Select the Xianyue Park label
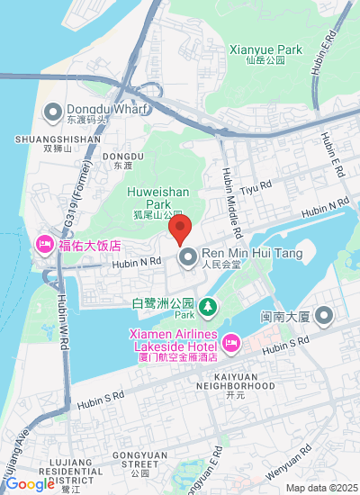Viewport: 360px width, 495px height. (x=265, y=50)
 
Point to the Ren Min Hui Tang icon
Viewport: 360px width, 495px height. (x=188, y=258)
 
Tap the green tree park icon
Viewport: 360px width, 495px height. (x=208, y=308)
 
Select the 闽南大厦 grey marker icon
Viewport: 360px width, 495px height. (x=324, y=316)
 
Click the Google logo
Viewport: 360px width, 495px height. (x=30, y=485)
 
